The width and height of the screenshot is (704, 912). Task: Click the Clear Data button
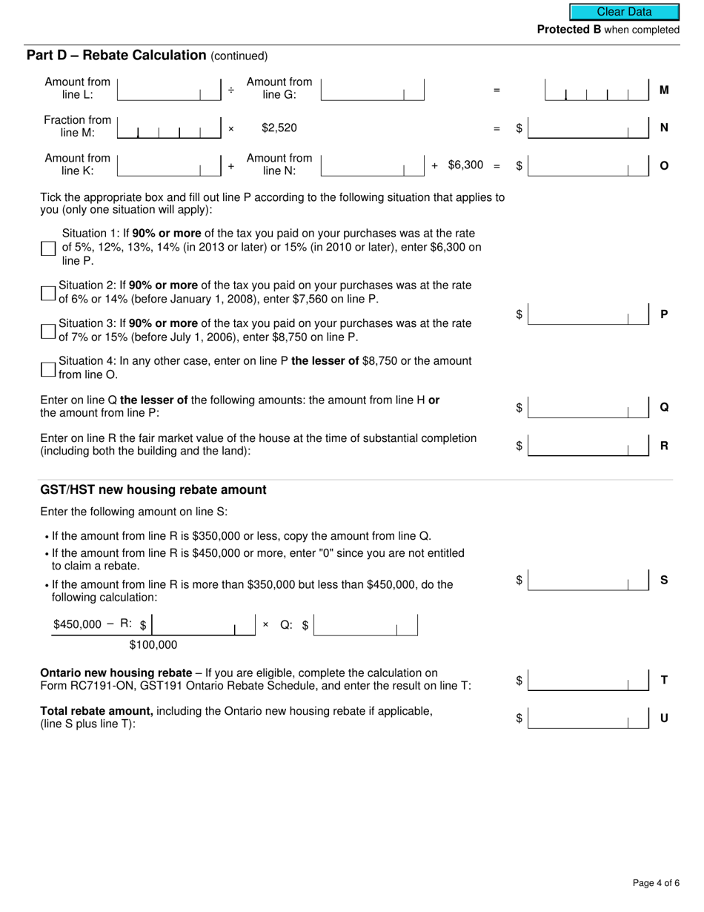click(624, 12)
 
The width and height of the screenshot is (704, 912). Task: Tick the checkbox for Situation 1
click(48, 248)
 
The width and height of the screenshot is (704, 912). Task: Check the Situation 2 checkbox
click(48, 293)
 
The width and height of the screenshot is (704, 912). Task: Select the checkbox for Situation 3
click(48, 331)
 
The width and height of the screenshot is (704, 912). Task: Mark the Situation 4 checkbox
click(48, 369)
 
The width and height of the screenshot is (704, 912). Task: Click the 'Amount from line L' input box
click(169, 90)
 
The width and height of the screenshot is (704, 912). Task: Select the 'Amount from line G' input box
click(372, 90)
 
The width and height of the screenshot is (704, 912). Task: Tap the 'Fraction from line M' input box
click(169, 128)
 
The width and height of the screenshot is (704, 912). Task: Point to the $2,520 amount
click(279, 128)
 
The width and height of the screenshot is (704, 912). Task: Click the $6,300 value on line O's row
click(465, 165)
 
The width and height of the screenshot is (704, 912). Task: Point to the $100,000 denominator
click(153, 645)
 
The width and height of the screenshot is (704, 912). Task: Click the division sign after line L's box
click(231, 90)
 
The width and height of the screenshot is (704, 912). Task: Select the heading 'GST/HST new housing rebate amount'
click(153, 490)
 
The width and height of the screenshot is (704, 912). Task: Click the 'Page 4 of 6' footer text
click(656, 883)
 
